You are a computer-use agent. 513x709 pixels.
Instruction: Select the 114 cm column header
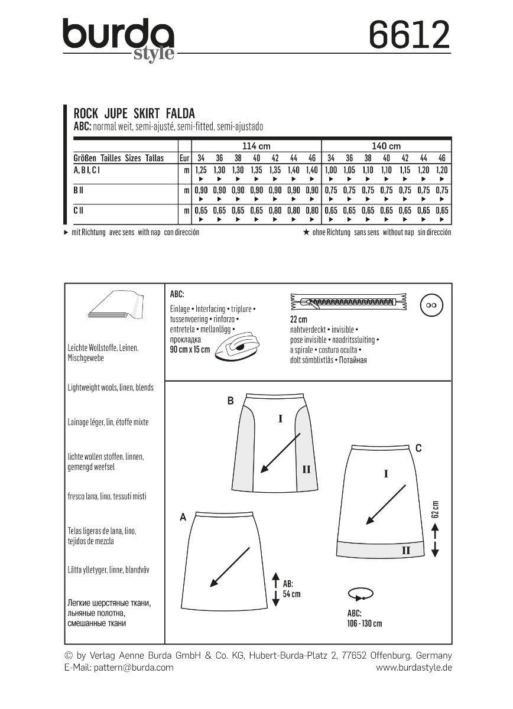[x=256, y=146]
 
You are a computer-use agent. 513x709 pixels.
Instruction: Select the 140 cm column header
[x=387, y=146]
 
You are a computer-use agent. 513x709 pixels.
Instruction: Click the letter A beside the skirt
[x=183, y=518]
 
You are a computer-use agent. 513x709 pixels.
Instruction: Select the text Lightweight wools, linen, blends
[x=111, y=388]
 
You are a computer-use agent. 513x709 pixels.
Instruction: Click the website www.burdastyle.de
[x=414, y=667]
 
